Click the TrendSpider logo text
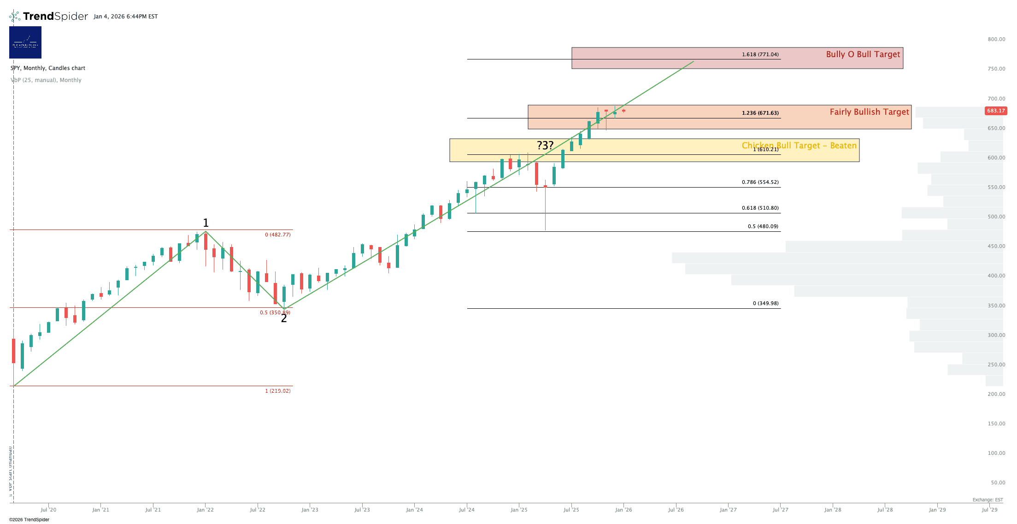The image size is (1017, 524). click(x=55, y=17)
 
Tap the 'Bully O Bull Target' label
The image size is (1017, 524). click(x=863, y=54)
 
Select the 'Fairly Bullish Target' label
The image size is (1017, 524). click(x=869, y=112)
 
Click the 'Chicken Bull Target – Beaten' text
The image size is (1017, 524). click(x=799, y=146)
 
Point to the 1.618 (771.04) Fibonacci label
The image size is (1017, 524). click(x=760, y=54)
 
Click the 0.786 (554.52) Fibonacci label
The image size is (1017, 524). click(x=760, y=182)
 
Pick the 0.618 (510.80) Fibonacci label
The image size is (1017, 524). click(x=760, y=208)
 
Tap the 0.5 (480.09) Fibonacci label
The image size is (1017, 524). click(x=763, y=226)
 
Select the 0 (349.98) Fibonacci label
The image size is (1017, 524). click(x=765, y=303)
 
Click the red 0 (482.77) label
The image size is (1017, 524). click(x=277, y=235)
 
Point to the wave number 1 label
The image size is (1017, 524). click(x=206, y=223)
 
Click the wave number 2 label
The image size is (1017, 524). click(x=284, y=318)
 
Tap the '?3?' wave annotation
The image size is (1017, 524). click(x=545, y=146)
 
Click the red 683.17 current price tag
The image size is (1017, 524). click(x=995, y=111)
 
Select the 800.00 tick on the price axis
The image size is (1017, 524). click(x=996, y=39)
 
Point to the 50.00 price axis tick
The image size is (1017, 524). click(x=998, y=483)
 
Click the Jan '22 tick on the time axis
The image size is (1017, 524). click(x=205, y=510)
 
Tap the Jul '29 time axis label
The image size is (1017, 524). click(x=989, y=510)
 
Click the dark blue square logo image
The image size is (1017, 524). click(x=25, y=42)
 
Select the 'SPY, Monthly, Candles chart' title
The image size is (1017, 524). click(x=48, y=68)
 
